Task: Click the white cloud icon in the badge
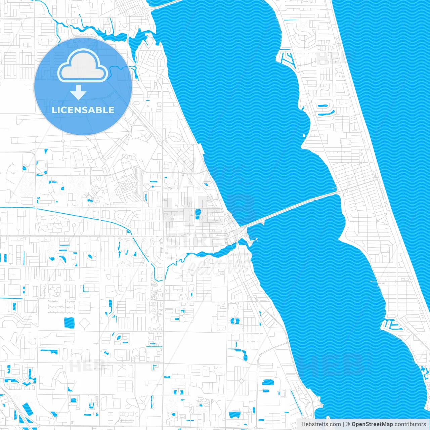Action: tap(83, 67)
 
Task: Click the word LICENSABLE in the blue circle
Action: tap(83, 110)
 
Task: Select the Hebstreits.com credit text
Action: tap(321, 424)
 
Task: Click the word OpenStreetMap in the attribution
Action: tap(372, 424)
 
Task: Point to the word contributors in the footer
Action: tap(410, 424)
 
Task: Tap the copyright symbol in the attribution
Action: tap(348, 424)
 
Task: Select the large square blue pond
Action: tap(69, 322)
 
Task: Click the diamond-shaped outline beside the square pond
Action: tap(84, 324)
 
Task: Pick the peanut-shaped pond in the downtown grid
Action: tap(198, 214)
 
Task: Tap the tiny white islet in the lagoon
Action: tap(304, 136)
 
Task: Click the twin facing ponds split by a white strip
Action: tap(234, 321)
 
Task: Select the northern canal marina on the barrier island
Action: tap(286, 59)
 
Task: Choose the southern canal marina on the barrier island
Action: tap(390, 325)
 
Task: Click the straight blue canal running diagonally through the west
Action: tap(84, 217)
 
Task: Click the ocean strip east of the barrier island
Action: tap(396, 101)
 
